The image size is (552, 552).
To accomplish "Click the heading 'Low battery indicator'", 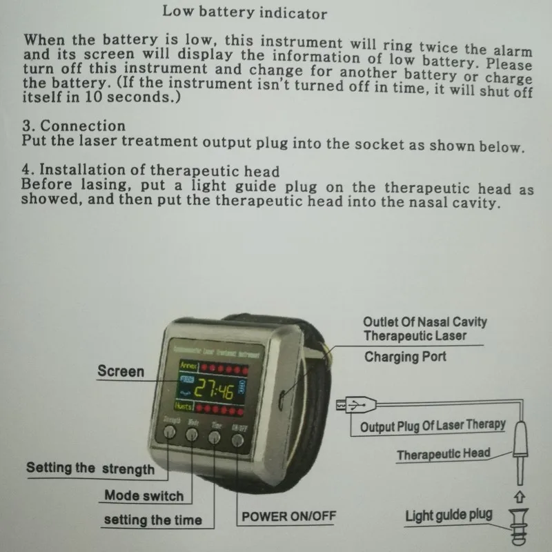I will coord(244,13).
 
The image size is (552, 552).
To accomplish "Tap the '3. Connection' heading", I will coord(74,126).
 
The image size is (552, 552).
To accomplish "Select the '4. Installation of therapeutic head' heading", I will coord(150,171).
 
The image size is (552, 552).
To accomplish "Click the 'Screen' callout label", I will coord(121,371).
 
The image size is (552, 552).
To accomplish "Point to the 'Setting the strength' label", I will coord(90,469).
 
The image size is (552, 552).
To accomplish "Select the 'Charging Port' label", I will coord(405,357).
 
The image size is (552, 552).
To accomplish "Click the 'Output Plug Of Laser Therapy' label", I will coord(433,426).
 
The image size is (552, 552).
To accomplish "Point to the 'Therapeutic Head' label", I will coord(443,454).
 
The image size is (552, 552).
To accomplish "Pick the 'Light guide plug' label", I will coord(448,515).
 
